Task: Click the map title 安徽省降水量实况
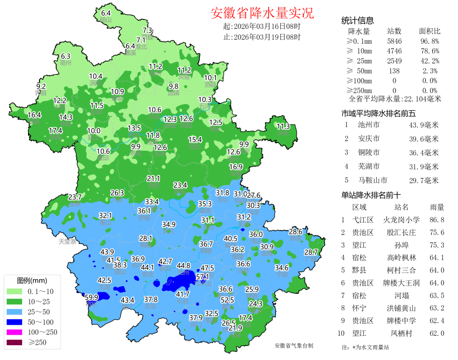[x=262, y=13]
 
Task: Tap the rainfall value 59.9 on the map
[x=92, y=297]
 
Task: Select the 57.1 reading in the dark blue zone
[x=203, y=277]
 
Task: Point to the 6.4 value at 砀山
[x=106, y=13]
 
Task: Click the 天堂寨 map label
[x=67, y=242]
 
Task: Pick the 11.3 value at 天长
[x=283, y=127]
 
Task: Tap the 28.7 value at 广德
[x=311, y=252]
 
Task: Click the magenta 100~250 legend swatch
[x=15, y=332]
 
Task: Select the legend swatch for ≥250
[x=15, y=342]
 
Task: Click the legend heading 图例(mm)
[x=32, y=281]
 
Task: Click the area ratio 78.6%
[x=429, y=51]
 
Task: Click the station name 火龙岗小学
[x=401, y=220]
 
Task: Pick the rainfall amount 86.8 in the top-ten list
[x=437, y=220]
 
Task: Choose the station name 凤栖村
[x=401, y=333]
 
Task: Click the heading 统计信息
[x=357, y=21]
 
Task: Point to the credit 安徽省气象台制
[x=293, y=346]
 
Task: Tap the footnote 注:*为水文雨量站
[x=365, y=347]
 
